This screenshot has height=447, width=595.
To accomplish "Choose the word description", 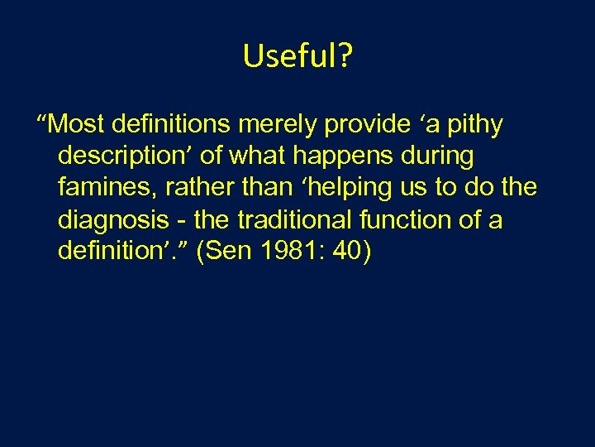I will [126, 156].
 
